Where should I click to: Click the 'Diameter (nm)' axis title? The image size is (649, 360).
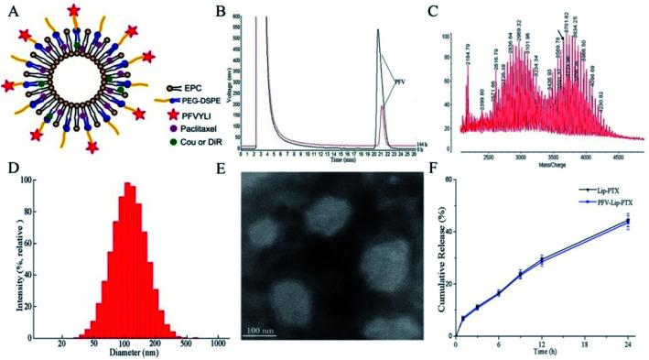[127, 351]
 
